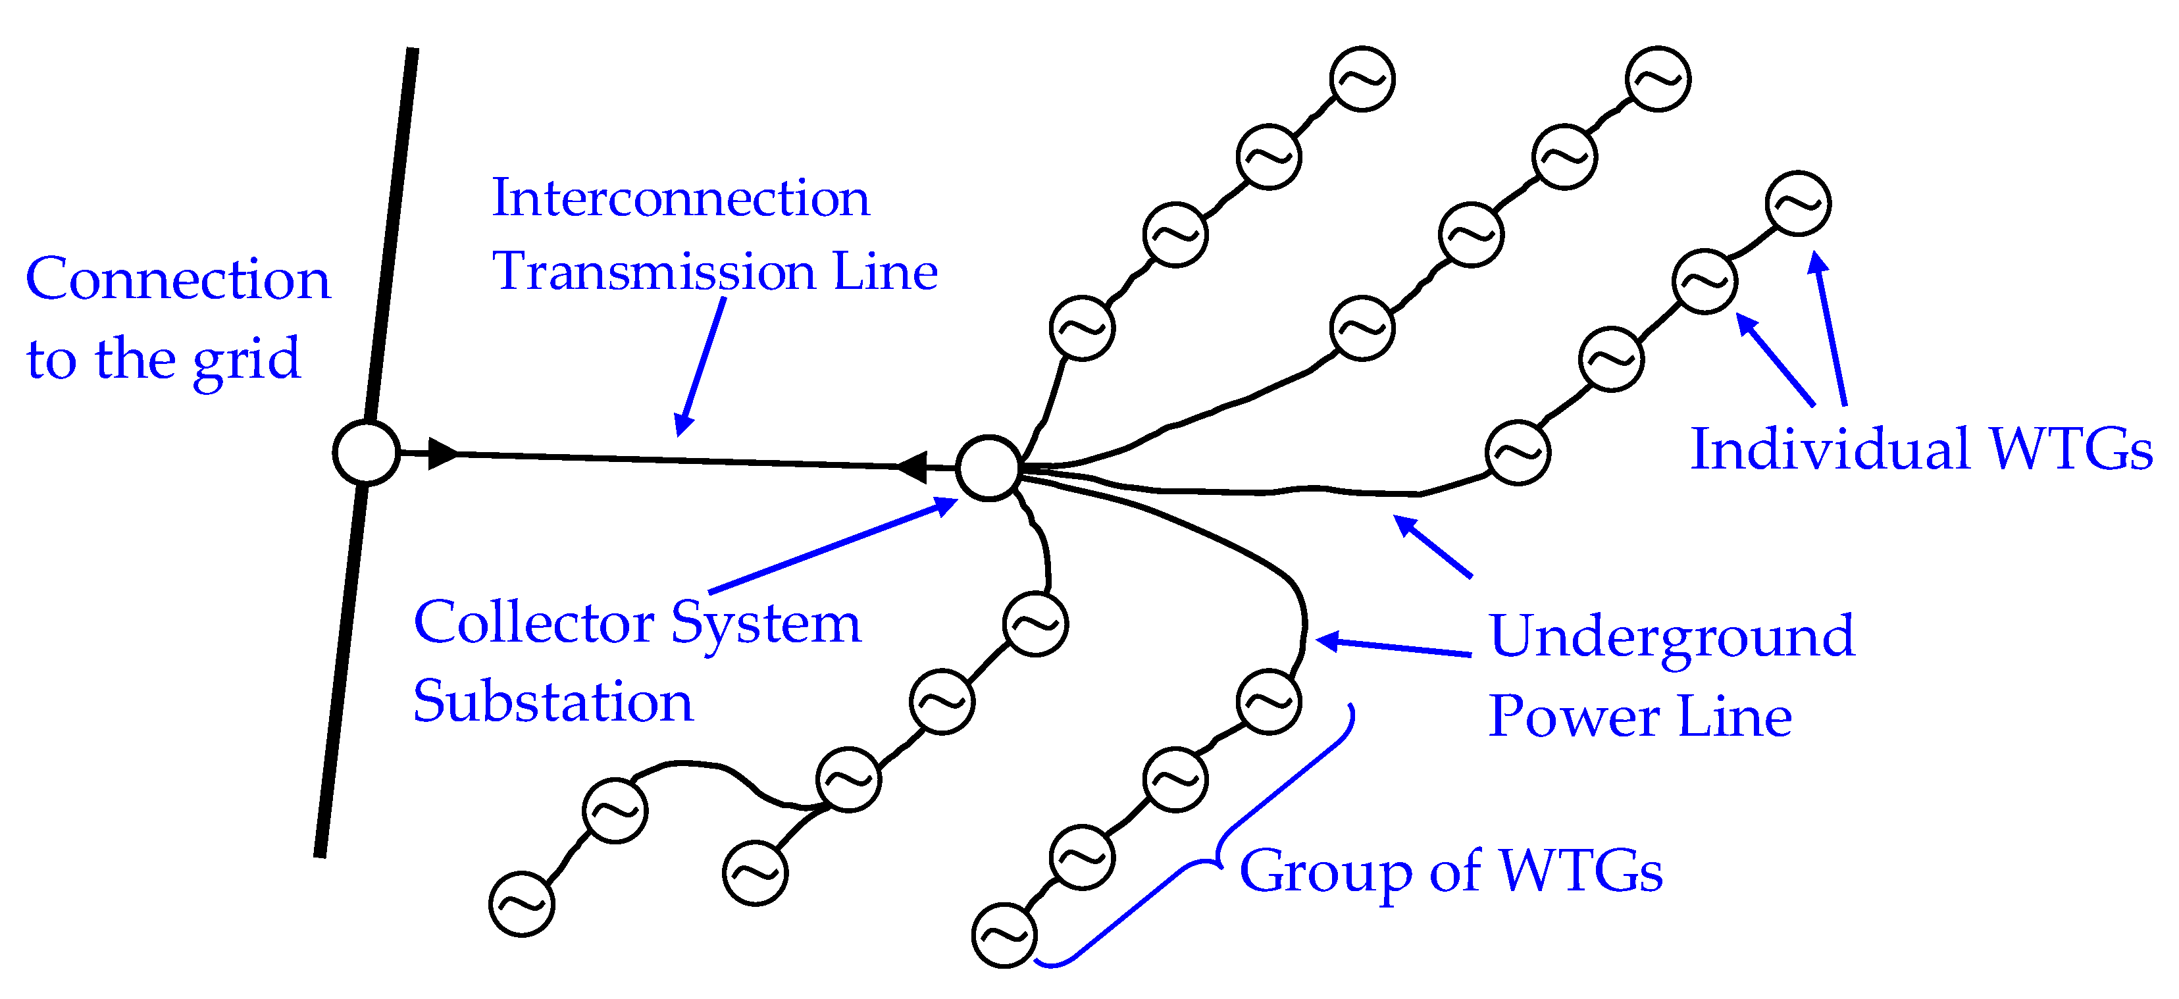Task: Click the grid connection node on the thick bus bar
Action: click(x=367, y=453)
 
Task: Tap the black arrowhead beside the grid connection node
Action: click(x=442, y=453)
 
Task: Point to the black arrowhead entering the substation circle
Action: click(x=912, y=466)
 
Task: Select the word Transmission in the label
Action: click(x=655, y=272)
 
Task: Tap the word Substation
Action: click(x=552, y=702)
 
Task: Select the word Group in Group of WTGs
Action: click(x=1325, y=871)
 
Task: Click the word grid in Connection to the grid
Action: click(x=246, y=359)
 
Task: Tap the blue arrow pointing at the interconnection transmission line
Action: click(x=700, y=369)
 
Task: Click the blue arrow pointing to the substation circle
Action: click(x=833, y=546)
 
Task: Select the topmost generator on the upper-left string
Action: click(x=1362, y=79)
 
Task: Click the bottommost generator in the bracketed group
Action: click(x=1004, y=936)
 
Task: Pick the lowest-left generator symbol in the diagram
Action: click(x=522, y=904)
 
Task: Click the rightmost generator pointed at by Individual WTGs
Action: click(x=1799, y=204)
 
